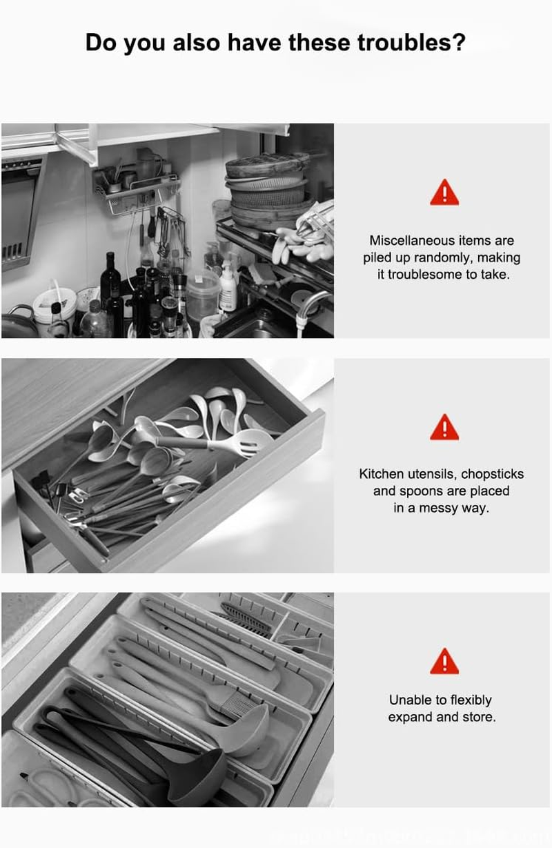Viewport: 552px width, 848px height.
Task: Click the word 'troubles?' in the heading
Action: (x=411, y=43)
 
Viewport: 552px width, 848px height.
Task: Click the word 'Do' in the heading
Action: (x=101, y=43)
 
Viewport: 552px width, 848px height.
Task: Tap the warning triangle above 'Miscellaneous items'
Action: (x=444, y=193)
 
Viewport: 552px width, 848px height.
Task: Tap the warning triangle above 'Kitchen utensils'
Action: (x=444, y=428)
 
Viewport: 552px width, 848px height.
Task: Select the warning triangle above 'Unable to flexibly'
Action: (x=444, y=662)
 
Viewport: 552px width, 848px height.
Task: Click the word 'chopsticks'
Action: (x=492, y=474)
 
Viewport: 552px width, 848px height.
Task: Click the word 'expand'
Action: (x=411, y=717)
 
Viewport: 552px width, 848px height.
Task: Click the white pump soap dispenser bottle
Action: (x=227, y=288)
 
